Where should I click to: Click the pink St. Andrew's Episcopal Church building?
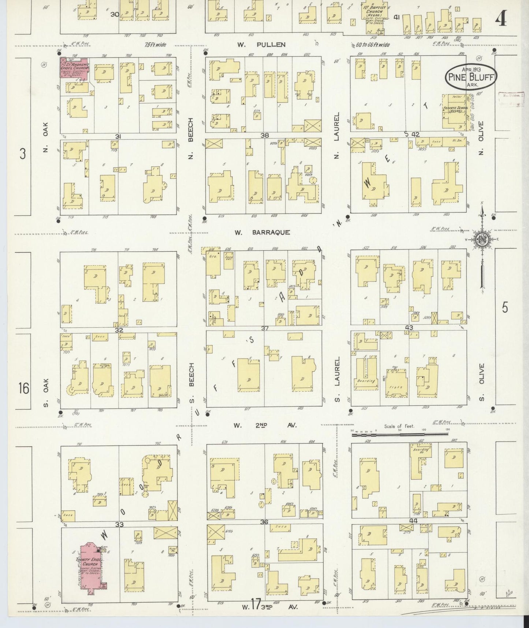pyautogui.click(x=74, y=68)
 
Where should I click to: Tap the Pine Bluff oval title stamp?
pyautogui.click(x=471, y=76)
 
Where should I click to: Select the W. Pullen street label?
pyautogui.click(x=261, y=45)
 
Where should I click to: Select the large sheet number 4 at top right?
pyautogui.click(x=501, y=20)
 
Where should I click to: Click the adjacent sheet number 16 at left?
pyautogui.click(x=23, y=388)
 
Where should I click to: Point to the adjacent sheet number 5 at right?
pyautogui.click(x=505, y=308)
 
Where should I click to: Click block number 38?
pyautogui.click(x=264, y=135)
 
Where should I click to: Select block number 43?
pyautogui.click(x=409, y=328)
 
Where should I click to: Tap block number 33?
pyautogui.click(x=119, y=525)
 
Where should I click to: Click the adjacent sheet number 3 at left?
pyautogui.click(x=23, y=154)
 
